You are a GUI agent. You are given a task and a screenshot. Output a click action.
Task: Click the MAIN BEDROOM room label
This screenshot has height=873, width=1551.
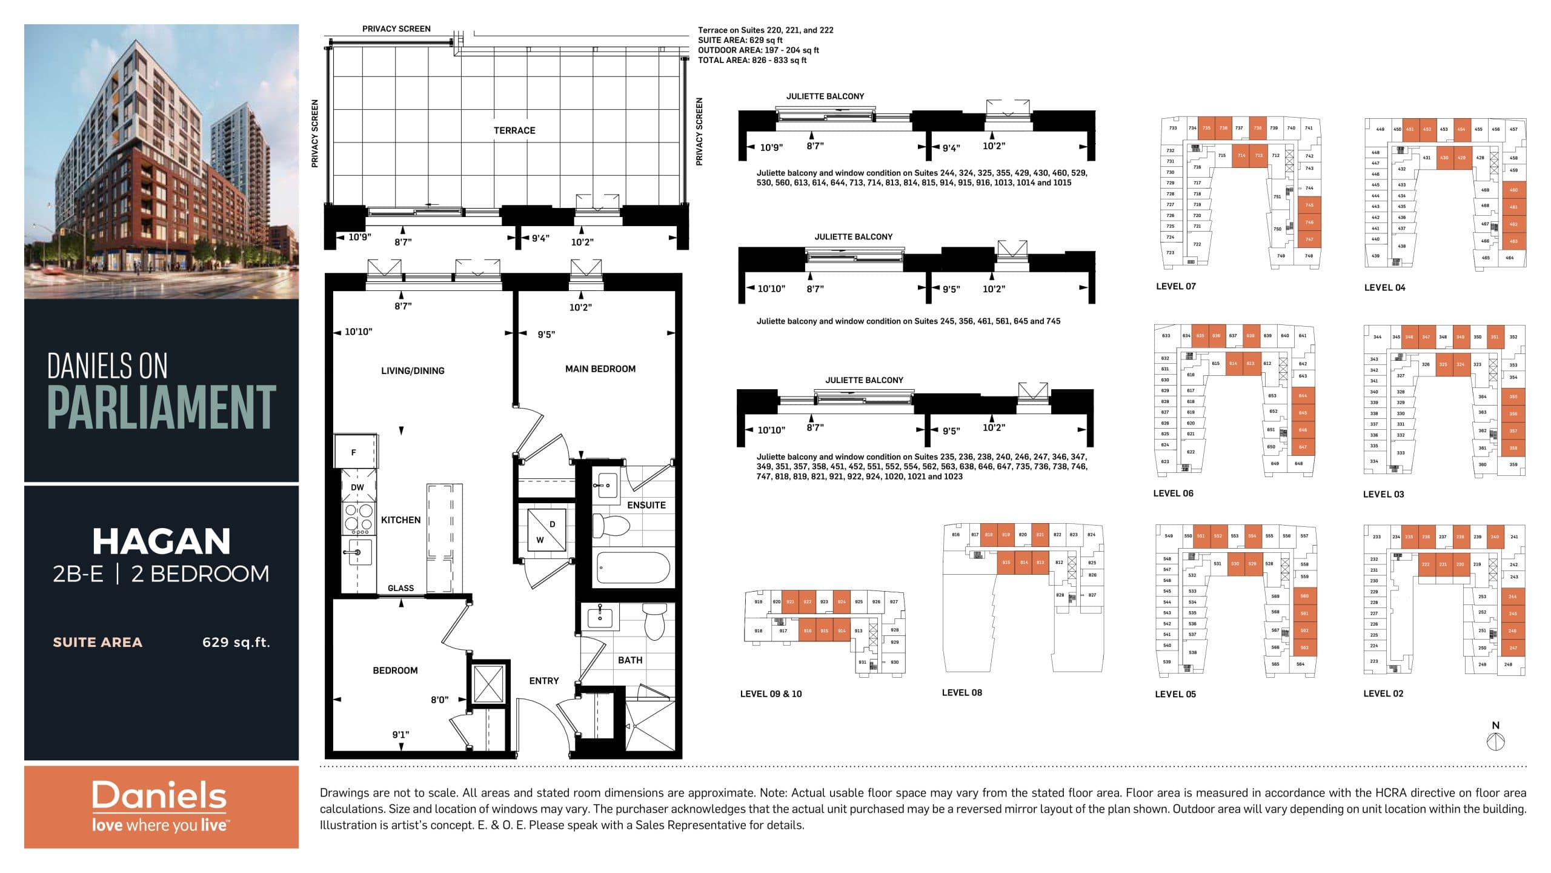600,369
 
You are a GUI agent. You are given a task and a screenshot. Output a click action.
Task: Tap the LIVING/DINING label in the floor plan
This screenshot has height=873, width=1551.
413,370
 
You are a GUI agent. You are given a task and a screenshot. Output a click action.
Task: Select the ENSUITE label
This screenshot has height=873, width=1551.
646,505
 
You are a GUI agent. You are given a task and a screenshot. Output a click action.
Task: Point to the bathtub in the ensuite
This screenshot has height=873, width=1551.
633,567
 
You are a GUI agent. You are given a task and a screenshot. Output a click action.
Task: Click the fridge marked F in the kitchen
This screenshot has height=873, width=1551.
354,452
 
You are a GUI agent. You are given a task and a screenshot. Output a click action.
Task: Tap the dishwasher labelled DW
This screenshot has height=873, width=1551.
357,487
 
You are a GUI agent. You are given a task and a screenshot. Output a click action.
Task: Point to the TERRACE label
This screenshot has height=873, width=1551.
514,130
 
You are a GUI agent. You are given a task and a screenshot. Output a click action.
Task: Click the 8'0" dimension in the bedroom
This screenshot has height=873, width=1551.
439,700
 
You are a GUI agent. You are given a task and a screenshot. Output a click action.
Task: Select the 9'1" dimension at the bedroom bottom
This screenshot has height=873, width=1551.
400,735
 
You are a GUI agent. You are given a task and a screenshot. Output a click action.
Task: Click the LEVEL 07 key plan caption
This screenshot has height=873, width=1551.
1175,286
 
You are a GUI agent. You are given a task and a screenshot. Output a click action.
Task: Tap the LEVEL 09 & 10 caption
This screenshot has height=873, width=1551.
771,694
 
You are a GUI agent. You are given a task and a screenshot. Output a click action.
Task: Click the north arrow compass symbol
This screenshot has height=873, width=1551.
1496,741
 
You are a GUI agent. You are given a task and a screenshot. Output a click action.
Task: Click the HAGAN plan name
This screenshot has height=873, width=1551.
161,541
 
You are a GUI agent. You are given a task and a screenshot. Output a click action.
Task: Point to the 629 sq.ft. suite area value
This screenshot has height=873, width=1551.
236,642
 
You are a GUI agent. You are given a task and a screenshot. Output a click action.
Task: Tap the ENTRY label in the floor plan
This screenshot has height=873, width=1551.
543,681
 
